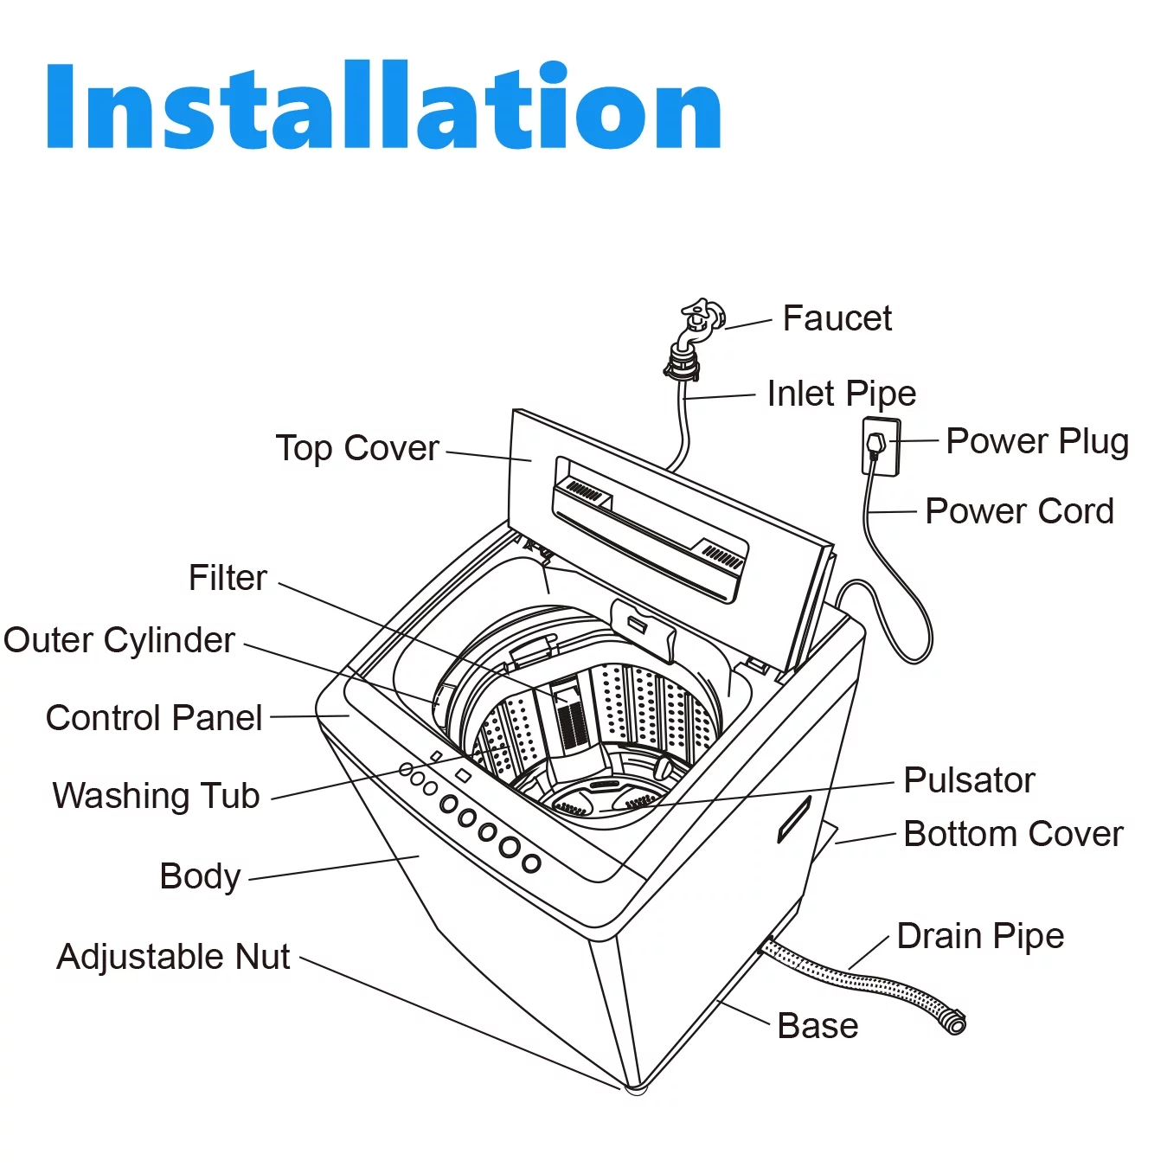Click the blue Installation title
383,106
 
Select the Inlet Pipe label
841,394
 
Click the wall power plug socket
880,446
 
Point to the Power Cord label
1019,511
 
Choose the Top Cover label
357,448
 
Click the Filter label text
228,578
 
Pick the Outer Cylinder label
119,640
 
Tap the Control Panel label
154,717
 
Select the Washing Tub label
156,795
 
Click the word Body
200,876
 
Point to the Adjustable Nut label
173,957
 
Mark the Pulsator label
969,780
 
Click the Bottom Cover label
1013,834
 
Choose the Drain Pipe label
980,936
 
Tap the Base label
818,1026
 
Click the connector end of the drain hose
954,1023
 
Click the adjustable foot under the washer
636,1087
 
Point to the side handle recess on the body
793,819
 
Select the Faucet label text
837,318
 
